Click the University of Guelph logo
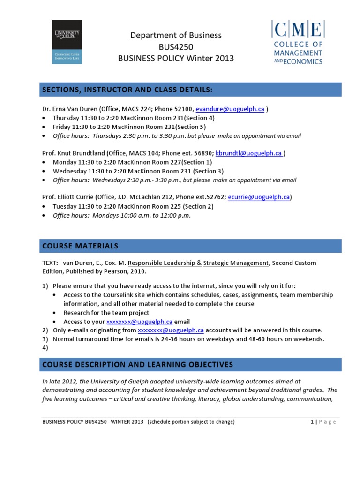click(67, 42)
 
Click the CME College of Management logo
click(297, 42)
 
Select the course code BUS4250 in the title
click(176, 47)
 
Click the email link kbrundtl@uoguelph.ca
click(249, 153)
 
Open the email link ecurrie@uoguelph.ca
click(258, 198)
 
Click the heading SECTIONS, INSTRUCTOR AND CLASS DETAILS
click(127, 90)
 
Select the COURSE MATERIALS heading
click(80, 246)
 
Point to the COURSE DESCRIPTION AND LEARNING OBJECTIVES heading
click(137, 365)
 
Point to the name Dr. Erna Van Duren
click(70, 109)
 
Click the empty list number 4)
click(45, 348)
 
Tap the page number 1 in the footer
click(311, 422)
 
